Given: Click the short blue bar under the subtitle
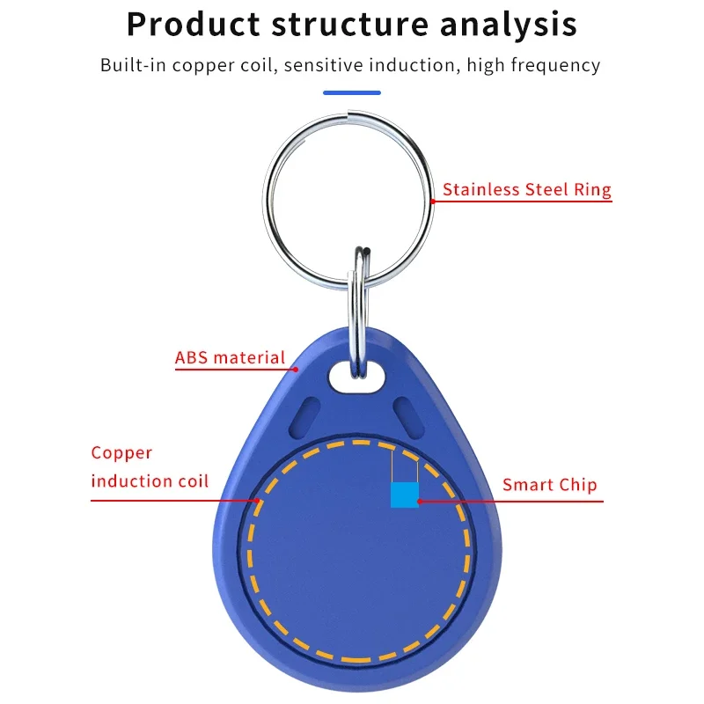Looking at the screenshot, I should click(x=352, y=92).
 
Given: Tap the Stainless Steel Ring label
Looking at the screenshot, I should click(x=526, y=189).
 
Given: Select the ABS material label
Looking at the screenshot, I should click(x=231, y=358).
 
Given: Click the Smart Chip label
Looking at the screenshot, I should click(x=549, y=485).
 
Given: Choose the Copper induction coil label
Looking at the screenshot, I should click(x=150, y=467).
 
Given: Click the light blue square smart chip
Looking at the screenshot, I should click(x=404, y=495).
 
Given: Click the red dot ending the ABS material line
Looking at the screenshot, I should click(x=297, y=370).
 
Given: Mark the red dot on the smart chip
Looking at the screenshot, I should click(x=419, y=502).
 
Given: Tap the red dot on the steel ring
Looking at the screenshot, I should click(x=433, y=200).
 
